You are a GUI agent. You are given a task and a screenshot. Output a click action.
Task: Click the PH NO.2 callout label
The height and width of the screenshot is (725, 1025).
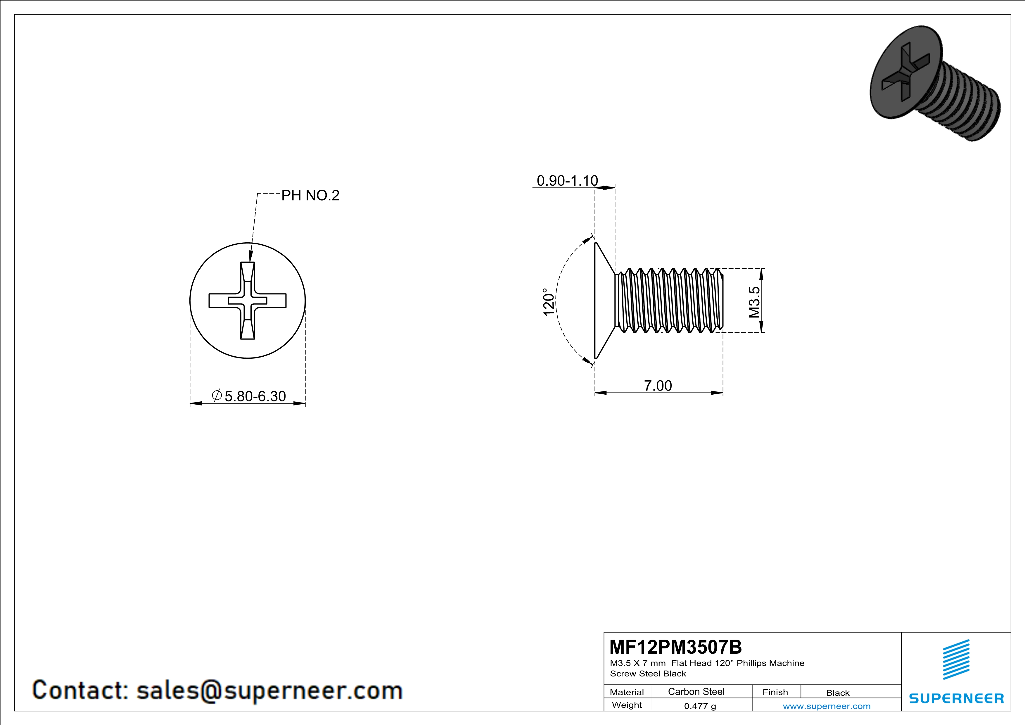[310, 196]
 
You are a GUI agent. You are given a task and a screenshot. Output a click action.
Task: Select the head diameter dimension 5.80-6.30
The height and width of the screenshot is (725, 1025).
[255, 396]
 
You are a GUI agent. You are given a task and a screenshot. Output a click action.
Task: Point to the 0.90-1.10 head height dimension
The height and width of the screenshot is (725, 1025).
[567, 181]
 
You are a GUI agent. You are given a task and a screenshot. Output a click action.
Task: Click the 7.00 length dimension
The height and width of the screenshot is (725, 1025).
[658, 386]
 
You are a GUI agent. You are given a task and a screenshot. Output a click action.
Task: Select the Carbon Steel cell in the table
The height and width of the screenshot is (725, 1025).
[696, 691]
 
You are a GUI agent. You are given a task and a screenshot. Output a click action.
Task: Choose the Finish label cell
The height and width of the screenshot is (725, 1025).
[775, 692]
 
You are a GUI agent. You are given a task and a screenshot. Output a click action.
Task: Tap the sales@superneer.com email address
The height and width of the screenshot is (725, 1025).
[269, 690]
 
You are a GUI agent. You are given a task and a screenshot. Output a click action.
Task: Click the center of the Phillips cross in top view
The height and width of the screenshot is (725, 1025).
[247, 301]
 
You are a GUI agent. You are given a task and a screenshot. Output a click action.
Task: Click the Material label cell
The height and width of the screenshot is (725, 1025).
[627, 692]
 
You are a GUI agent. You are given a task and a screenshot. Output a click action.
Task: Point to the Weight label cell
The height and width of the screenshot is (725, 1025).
[627, 705]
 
